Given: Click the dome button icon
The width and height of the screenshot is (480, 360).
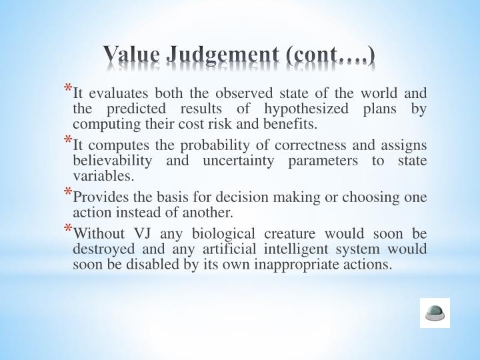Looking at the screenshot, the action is tap(435, 313).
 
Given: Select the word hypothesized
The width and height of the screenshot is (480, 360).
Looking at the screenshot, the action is tap(306, 109).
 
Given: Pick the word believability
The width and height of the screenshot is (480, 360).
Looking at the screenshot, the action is tap(113, 161).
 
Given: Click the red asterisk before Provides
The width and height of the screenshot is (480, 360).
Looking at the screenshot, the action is tap(68, 192).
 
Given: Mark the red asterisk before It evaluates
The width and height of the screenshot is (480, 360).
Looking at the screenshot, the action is tap(68, 88).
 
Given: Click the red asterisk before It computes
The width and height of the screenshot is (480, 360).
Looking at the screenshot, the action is tap(68, 140).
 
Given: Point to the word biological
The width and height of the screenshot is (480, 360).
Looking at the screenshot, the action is tap(223, 234).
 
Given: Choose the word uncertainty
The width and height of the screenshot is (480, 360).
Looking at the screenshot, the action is tap(239, 161).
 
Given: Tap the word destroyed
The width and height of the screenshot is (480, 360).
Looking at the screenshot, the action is tap(104, 249).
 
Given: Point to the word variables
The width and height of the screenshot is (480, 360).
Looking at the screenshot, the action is tap(103, 176).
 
